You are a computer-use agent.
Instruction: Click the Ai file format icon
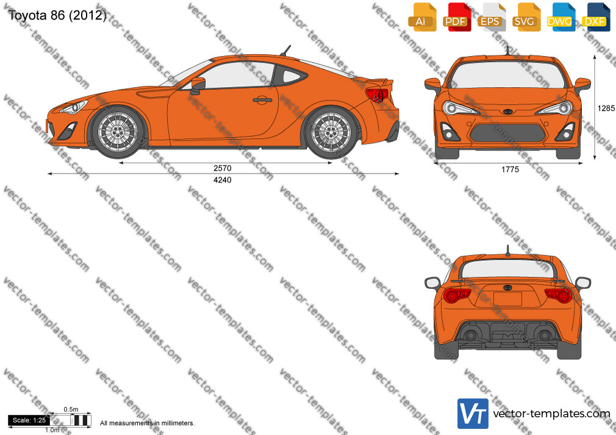tap(423, 17)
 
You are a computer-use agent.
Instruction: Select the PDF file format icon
tap(457, 17)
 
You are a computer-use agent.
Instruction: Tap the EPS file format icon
tap(492, 17)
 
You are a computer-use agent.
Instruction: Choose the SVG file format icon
tap(526, 17)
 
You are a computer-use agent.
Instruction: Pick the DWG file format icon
tap(561, 17)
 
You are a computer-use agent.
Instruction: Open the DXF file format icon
tap(596, 17)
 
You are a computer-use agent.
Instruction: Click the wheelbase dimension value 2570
tap(223, 168)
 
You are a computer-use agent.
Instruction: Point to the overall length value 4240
tap(223, 180)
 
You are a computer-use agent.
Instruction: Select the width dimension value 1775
tap(510, 169)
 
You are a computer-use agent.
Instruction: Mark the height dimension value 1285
tap(606, 108)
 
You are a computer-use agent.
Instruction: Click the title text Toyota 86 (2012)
tap(57, 15)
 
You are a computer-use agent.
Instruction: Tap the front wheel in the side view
tap(118, 131)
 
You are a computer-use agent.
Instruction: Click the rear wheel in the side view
tap(331, 131)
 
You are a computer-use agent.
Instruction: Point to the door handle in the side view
tap(262, 100)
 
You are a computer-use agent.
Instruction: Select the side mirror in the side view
tap(197, 86)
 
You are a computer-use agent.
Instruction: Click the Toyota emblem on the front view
tap(508, 111)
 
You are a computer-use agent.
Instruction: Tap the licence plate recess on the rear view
tap(507, 299)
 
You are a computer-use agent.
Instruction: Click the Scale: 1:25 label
tap(29, 420)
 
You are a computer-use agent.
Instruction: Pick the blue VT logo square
tap(473, 414)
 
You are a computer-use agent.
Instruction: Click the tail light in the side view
tap(377, 94)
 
